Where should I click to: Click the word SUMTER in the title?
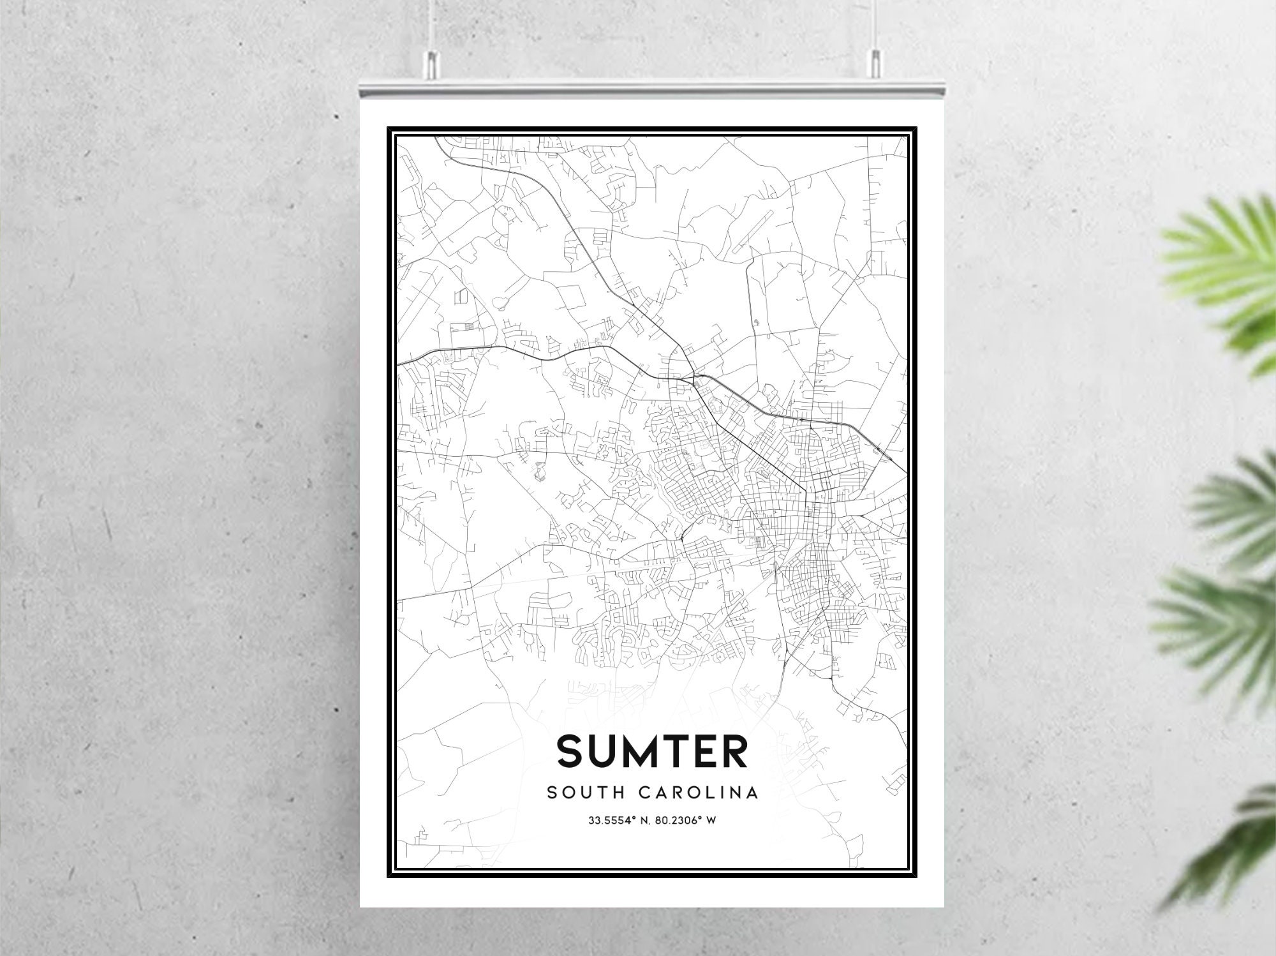click(x=652, y=751)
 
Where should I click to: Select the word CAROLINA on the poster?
click(x=698, y=793)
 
